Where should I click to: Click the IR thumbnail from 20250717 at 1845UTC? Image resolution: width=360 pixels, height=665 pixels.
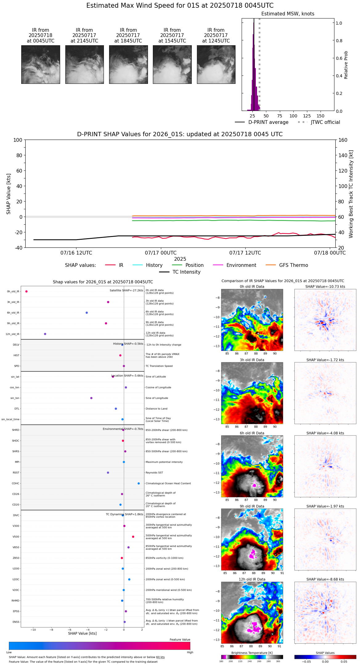(x=128, y=64)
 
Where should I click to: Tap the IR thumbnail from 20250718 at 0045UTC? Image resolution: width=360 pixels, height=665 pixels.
(x=40, y=64)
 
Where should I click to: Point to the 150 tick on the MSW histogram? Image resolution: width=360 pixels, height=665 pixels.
(x=321, y=116)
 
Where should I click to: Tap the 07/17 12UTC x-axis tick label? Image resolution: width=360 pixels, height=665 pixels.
(x=245, y=253)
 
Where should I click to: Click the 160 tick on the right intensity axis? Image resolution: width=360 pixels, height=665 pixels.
(x=343, y=140)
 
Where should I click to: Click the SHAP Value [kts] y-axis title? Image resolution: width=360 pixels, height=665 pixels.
(x=9, y=194)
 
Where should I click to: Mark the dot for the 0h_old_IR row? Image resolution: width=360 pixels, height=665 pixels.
(x=27, y=291)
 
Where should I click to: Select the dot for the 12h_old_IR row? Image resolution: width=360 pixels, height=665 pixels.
(x=45, y=334)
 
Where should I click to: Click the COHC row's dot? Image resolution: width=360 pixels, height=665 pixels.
(x=139, y=483)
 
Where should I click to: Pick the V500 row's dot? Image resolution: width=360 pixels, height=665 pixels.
(x=133, y=536)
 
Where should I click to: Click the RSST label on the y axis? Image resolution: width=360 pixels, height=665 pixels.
(x=16, y=473)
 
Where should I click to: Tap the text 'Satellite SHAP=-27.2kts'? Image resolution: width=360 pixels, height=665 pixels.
(x=126, y=291)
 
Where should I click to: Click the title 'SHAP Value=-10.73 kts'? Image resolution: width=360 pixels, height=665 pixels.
(x=325, y=287)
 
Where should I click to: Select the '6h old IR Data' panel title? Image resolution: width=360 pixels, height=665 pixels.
(x=252, y=433)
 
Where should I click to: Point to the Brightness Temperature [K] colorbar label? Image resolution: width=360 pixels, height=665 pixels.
(x=252, y=653)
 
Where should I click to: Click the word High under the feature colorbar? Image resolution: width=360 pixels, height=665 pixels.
(x=190, y=652)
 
